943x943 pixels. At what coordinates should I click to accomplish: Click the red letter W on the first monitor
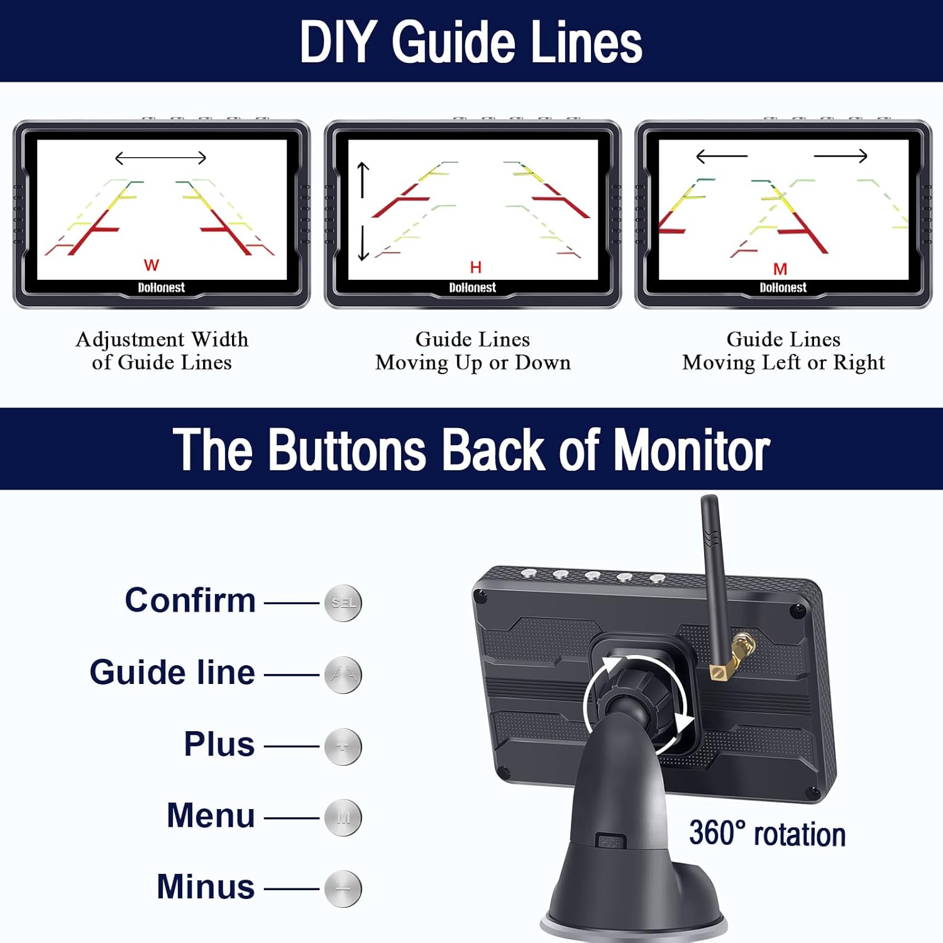point(152,265)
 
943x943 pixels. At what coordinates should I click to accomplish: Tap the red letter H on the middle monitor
point(476,268)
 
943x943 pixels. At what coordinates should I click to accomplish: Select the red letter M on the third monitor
point(780,269)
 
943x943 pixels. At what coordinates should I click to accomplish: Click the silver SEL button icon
point(343,603)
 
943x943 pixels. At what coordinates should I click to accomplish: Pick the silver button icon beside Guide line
point(343,675)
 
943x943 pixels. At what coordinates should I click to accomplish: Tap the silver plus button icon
point(343,746)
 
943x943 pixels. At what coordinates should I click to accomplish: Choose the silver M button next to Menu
point(343,817)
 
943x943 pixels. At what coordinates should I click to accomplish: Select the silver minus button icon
point(343,888)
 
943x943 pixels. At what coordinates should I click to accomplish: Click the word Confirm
point(190,600)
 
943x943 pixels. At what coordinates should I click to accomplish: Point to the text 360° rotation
point(767,834)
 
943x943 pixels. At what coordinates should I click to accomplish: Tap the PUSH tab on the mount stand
point(610,842)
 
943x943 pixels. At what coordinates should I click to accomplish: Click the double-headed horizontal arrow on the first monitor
point(161,157)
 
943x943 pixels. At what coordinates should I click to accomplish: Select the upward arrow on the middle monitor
point(363,179)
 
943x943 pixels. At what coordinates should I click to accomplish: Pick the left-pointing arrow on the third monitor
point(722,155)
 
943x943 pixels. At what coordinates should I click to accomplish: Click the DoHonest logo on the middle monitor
point(472,288)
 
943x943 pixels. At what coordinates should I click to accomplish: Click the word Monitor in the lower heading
point(692,449)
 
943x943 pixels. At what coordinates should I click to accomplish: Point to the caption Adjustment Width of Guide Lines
point(162,351)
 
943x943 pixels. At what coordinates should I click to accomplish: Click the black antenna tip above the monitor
point(710,509)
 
